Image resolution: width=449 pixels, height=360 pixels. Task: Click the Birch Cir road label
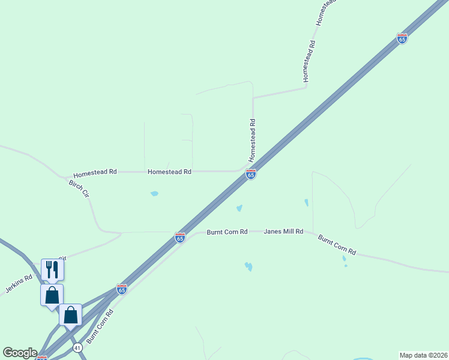(79, 189)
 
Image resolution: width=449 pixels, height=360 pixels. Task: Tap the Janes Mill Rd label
(284, 231)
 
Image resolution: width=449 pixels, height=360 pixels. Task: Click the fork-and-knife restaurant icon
(52, 269)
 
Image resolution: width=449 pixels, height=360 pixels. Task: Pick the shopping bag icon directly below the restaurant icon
(52, 295)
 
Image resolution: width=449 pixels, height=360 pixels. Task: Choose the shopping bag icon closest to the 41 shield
(70, 315)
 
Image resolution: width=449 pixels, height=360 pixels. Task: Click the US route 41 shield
(77, 347)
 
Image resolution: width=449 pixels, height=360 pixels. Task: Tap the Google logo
(20, 353)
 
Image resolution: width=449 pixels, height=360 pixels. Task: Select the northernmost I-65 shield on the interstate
(402, 38)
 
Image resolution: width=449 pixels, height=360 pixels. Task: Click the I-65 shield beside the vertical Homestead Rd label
(251, 174)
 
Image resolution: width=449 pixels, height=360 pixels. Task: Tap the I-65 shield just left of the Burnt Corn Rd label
(179, 238)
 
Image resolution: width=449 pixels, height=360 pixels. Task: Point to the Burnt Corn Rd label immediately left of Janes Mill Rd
(227, 232)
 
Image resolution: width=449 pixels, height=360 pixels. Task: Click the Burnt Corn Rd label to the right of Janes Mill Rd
(337, 245)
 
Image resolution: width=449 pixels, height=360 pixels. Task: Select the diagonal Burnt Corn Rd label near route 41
(100, 326)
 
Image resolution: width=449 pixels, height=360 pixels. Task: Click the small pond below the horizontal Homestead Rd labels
(154, 194)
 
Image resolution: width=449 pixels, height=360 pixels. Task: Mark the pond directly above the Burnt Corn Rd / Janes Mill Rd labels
(239, 209)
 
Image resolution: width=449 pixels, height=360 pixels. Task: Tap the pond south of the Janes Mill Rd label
(248, 266)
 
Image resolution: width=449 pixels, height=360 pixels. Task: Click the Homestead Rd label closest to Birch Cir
(95, 172)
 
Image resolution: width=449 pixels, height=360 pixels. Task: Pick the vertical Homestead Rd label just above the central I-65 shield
(253, 139)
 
